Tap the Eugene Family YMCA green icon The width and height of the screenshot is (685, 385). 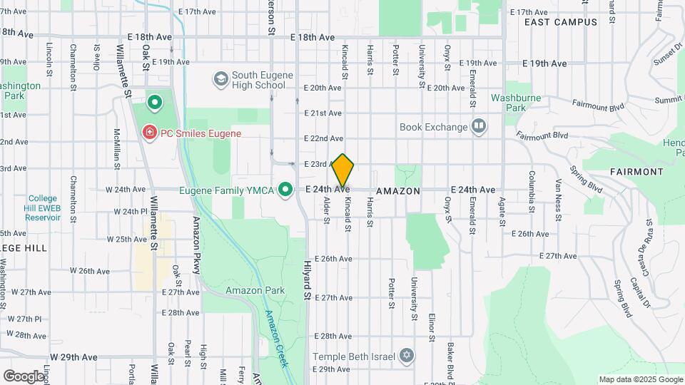[285, 190]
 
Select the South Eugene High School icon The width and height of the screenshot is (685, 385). [220, 77]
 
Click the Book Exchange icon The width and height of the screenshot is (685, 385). [479, 127]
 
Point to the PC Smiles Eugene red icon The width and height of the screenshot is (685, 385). [150, 133]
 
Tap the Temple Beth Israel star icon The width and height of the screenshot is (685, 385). [407, 355]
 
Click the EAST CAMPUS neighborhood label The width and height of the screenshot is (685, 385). [560, 22]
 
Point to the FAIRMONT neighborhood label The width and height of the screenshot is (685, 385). [636, 172]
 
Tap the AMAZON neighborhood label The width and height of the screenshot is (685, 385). [397, 191]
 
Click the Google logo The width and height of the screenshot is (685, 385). [23, 375]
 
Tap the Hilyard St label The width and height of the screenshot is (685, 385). [309, 278]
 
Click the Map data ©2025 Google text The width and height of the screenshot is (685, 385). [641, 379]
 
